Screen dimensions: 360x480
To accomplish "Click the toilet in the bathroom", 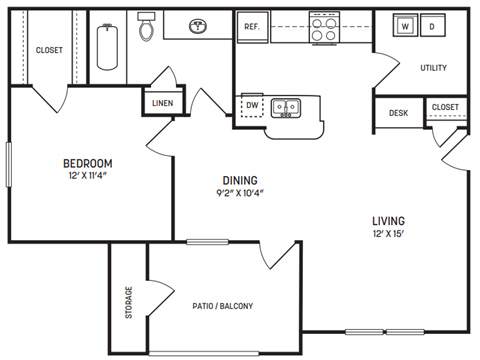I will [x=147, y=29].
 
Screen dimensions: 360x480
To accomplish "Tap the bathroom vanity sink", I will [x=195, y=26].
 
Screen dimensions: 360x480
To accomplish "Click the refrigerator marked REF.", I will [x=252, y=28].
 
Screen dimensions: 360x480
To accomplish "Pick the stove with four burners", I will [x=324, y=28].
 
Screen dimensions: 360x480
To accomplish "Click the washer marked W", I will [x=405, y=27].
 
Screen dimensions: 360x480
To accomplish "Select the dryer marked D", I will [x=432, y=27].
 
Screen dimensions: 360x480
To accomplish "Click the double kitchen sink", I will [x=285, y=106].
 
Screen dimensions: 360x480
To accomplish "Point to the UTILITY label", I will [x=433, y=68].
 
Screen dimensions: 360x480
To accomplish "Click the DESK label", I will [x=398, y=113].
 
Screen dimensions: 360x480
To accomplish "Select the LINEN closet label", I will [x=161, y=103].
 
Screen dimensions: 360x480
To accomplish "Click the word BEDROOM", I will [x=87, y=163].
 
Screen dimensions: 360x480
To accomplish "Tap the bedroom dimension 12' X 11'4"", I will [x=87, y=177].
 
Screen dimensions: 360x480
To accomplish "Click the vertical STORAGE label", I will [x=128, y=302].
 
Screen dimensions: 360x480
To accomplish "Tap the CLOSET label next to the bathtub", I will [x=49, y=50].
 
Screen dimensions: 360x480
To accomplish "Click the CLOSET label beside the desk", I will [x=445, y=107].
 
